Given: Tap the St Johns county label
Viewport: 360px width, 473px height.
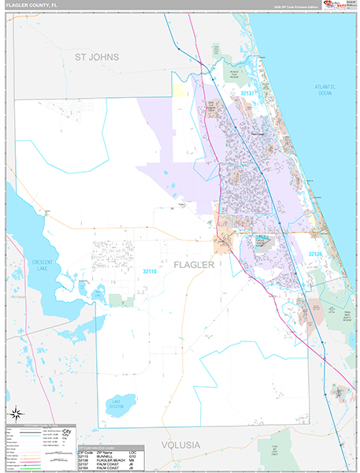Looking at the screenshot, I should [96, 58].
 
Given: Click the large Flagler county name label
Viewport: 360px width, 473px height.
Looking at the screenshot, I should [193, 265].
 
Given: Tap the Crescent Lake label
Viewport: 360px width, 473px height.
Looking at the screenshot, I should [35, 265].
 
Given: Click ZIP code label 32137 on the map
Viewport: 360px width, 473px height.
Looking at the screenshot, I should [248, 93].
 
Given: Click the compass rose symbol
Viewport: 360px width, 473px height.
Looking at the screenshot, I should [16, 414].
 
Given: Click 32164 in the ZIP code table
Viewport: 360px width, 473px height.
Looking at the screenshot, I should [85, 468].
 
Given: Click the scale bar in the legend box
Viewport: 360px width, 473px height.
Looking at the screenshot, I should [55, 456].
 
